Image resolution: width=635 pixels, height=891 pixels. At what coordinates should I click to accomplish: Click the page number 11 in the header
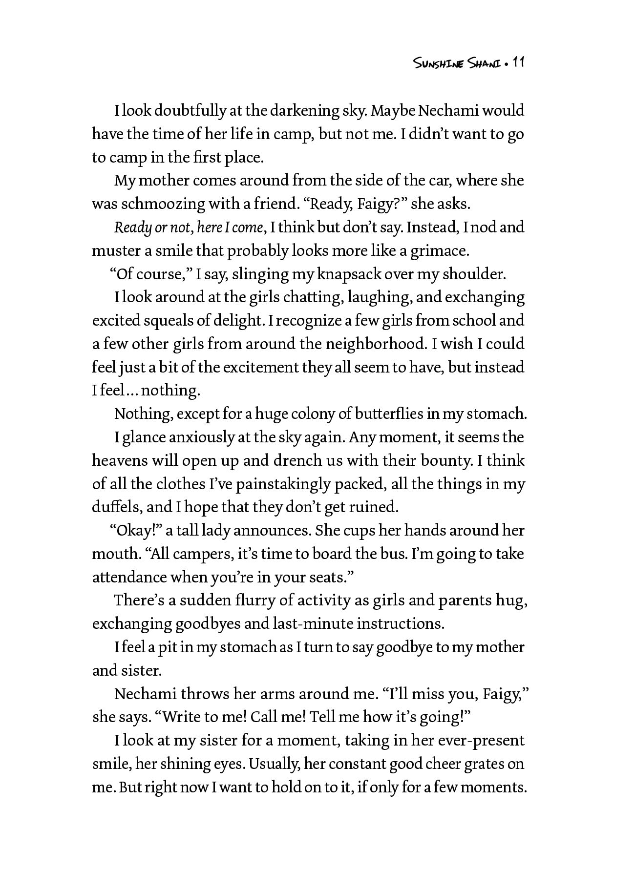[x=518, y=63]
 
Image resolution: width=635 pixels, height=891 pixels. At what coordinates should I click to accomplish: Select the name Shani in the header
[x=485, y=63]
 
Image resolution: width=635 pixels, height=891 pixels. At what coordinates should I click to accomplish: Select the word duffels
[x=116, y=507]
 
